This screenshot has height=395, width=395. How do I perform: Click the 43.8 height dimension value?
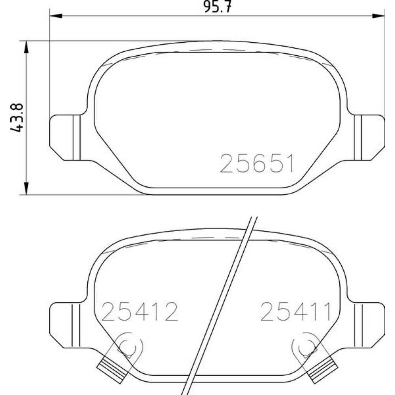pos(17,118)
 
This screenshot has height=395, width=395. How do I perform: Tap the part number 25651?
pos(257,164)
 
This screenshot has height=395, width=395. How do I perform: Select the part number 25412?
pos(139,311)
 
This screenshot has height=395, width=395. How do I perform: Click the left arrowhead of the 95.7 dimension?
pos(56,16)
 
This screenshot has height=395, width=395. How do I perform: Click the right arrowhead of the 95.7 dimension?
pos(378,16)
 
